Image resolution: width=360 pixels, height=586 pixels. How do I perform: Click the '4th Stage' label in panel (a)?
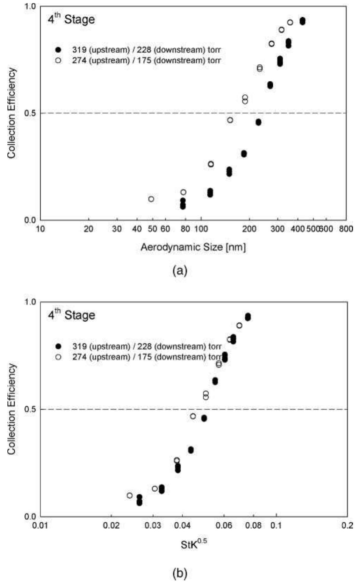click(71, 19)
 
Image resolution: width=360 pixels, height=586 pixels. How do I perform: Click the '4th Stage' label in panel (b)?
click(71, 315)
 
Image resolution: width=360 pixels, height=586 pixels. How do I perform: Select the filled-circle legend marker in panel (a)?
click(58, 50)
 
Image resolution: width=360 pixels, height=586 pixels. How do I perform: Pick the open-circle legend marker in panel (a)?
click(58, 60)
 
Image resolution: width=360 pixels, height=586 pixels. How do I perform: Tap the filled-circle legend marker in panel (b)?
click(58, 346)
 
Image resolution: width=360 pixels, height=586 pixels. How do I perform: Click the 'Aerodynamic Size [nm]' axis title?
click(193, 247)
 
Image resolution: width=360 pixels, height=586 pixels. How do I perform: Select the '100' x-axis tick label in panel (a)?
click(200, 229)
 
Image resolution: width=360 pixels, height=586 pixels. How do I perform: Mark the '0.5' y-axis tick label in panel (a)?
click(31, 113)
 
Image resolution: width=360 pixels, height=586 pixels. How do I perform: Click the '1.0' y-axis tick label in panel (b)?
click(31, 302)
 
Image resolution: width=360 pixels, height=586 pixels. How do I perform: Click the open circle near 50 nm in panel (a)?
click(151, 199)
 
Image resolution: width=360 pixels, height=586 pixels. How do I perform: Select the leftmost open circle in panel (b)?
click(130, 495)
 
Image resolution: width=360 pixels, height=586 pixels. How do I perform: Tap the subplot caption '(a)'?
click(180, 271)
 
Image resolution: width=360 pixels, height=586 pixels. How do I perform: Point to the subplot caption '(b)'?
click(180, 573)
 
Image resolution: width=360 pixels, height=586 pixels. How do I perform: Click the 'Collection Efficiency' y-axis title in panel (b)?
click(12, 409)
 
